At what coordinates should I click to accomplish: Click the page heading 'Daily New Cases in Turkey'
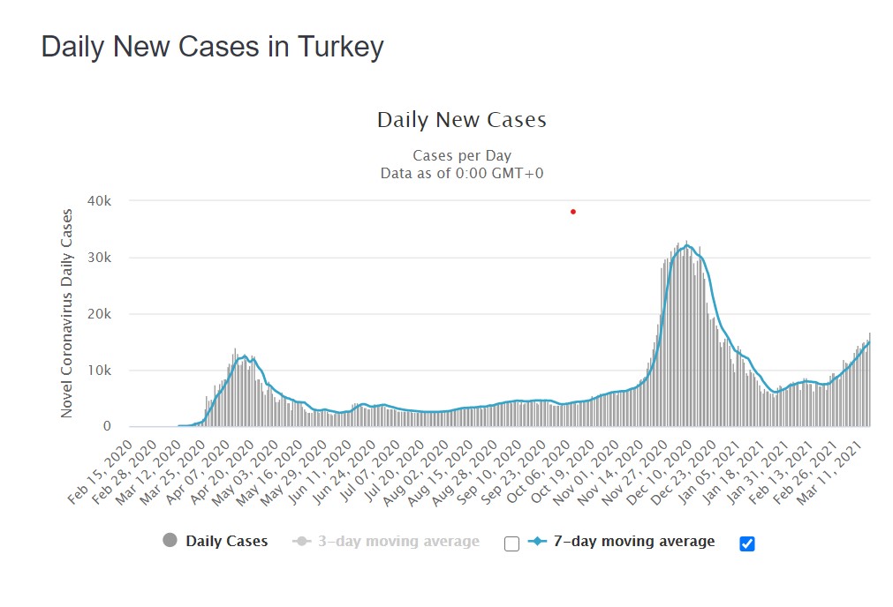pos(212,47)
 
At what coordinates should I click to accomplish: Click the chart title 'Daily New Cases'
pos(461,120)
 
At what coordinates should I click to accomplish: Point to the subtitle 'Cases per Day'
pos(461,156)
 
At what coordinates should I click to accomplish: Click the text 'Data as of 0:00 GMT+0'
pos(461,173)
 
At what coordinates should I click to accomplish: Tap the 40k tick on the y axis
pos(99,201)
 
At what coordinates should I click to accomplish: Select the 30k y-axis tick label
pos(99,258)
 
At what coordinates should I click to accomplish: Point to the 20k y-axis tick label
pos(99,314)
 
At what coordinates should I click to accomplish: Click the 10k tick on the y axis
pos(99,371)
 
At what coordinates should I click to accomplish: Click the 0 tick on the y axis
pos(107,427)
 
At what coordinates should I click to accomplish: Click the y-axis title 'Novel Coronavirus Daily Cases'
pos(67,313)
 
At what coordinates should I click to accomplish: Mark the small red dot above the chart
pos(573,212)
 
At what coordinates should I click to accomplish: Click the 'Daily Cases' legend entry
pos(225,542)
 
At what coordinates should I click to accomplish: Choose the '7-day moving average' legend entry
pos(633,542)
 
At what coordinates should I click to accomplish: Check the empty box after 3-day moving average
pos(511,543)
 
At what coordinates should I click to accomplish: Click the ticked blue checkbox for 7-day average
pos(747,543)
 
